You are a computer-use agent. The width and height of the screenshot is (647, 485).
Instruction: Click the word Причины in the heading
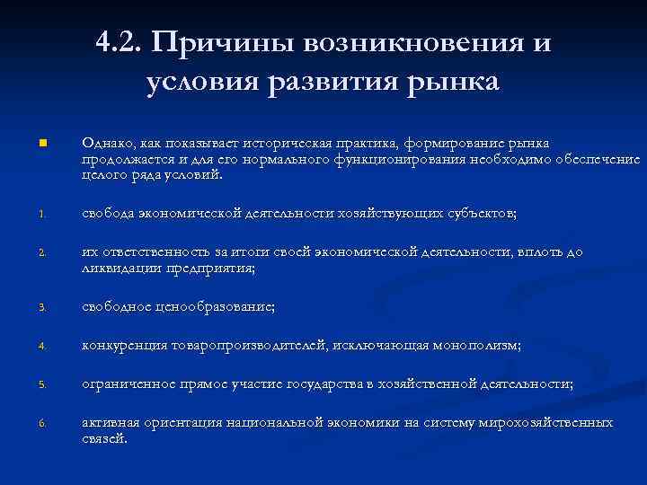224,42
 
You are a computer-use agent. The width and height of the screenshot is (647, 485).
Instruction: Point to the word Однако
105,144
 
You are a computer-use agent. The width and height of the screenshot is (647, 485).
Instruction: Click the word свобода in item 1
109,213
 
